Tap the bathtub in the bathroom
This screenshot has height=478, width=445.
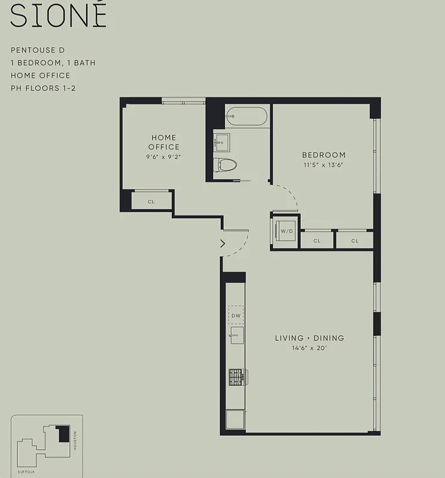point(247,116)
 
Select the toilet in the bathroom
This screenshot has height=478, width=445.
point(227,164)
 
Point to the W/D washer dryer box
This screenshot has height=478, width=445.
point(286,231)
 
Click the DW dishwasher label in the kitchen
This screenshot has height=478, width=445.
point(236,314)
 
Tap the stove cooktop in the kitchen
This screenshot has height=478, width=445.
point(237,376)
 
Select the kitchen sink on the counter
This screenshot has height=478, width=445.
point(237,335)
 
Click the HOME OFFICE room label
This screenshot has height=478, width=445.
point(164,142)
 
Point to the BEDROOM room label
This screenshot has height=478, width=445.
point(324,155)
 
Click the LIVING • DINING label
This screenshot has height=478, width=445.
point(309,338)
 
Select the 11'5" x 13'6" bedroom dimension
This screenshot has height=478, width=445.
point(324,164)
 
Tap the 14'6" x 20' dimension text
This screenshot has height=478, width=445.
point(309,348)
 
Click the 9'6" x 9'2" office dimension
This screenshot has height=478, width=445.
point(164,157)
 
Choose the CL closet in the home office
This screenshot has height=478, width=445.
point(151,201)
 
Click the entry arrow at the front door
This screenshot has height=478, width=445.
point(223,243)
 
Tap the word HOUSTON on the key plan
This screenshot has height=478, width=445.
point(75,442)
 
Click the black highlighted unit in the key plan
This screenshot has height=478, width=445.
point(63,434)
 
